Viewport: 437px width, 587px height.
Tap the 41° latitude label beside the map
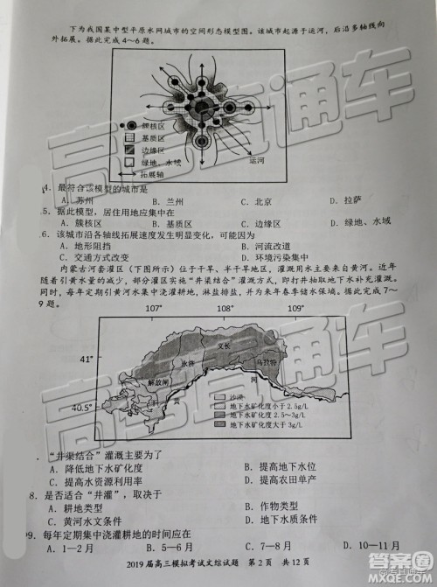pos(86,360)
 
